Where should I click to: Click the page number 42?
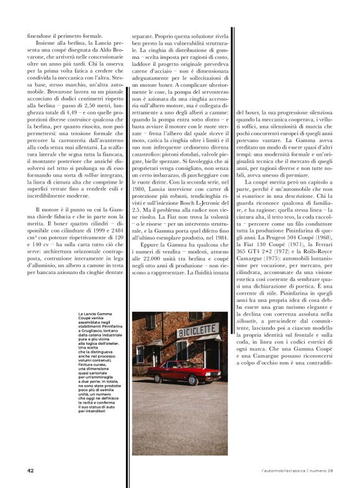[x=30, y=471]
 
